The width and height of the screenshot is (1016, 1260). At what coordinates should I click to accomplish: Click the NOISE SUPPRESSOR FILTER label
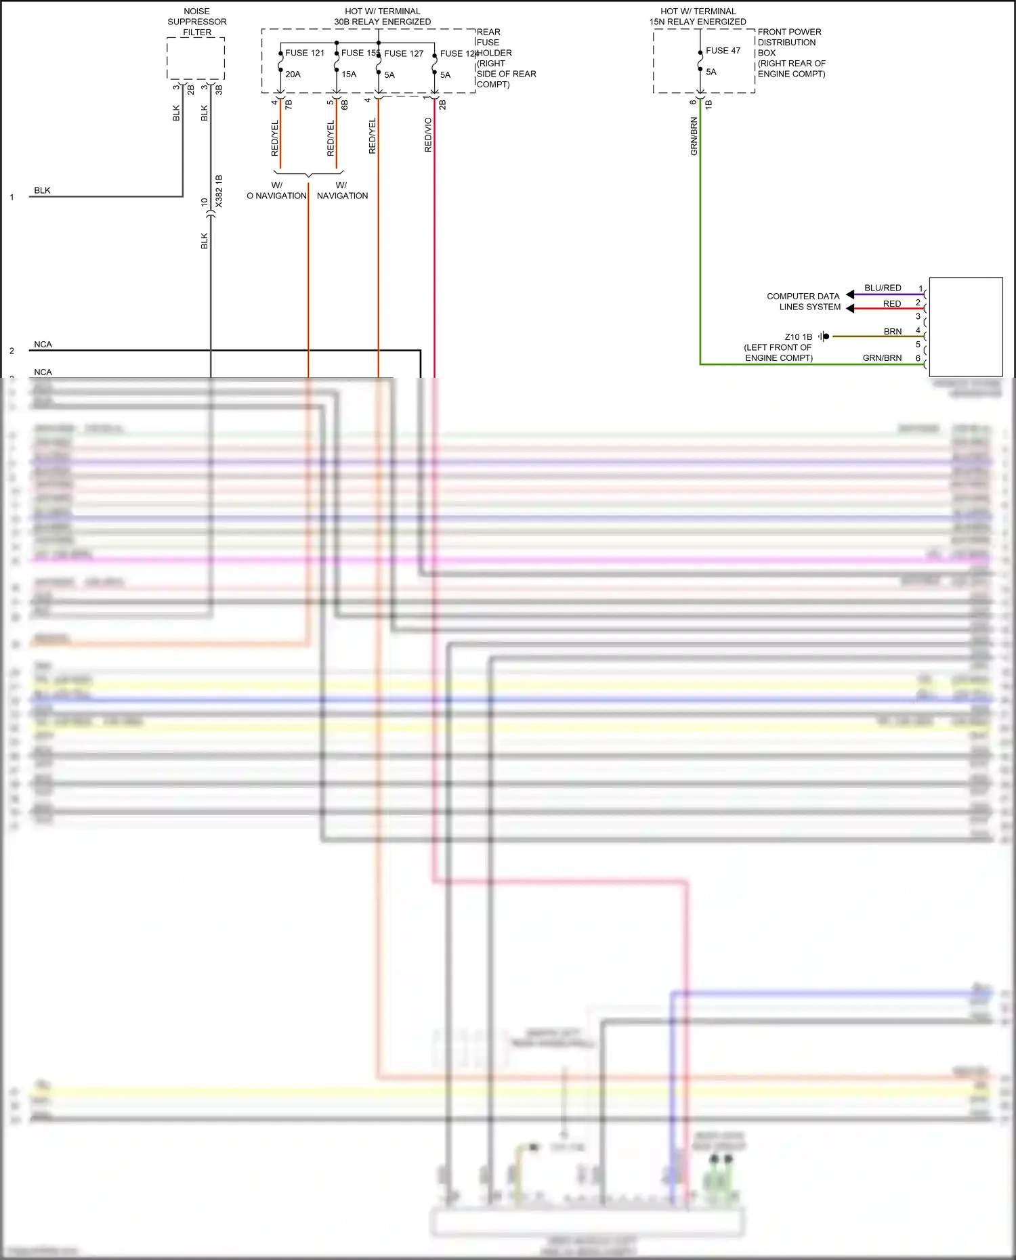click(x=197, y=22)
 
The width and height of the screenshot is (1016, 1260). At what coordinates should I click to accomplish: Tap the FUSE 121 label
click(x=305, y=53)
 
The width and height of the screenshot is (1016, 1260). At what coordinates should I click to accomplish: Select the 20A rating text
click(x=293, y=74)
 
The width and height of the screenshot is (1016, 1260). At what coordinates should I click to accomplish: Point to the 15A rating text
click(x=349, y=74)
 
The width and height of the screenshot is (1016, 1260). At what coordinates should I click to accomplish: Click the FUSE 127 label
click(x=404, y=53)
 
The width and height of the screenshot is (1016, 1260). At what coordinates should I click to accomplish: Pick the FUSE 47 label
click(x=723, y=51)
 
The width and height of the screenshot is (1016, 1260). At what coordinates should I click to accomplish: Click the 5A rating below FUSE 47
click(x=711, y=72)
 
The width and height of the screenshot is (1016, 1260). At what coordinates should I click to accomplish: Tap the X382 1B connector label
click(x=219, y=191)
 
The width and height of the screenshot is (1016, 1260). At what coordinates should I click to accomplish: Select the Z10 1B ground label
click(x=798, y=336)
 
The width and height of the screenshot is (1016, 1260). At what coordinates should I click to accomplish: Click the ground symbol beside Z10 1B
click(x=824, y=336)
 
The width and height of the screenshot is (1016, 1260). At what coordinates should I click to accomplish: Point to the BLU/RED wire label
click(x=883, y=288)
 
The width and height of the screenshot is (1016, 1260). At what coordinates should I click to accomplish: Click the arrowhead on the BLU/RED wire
click(x=850, y=295)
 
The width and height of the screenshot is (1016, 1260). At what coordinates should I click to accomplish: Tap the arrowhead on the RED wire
click(x=850, y=309)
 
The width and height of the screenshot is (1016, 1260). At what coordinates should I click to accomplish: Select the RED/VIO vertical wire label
click(x=428, y=135)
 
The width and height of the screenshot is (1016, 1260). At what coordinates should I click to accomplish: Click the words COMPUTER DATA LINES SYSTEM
click(x=804, y=301)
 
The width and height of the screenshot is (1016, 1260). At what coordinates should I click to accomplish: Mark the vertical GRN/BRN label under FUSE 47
click(x=694, y=136)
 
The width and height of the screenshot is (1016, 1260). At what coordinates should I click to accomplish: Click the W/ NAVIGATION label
click(x=342, y=190)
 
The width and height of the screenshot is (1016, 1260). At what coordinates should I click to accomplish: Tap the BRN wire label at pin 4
click(x=893, y=332)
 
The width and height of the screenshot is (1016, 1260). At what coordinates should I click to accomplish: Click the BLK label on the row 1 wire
click(x=42, y=190)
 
